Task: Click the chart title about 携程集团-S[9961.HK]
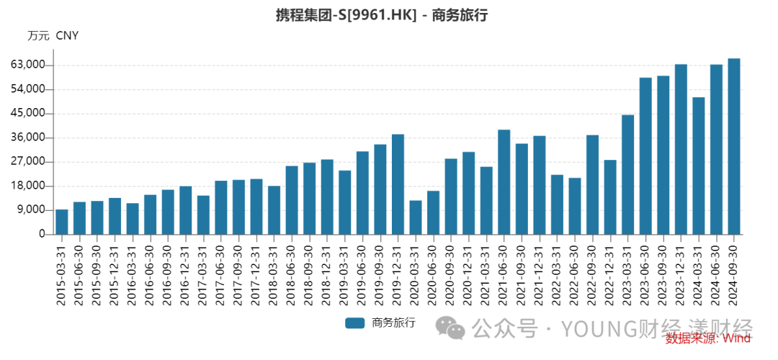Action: pos(382,15)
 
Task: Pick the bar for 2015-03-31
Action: pos(62,222)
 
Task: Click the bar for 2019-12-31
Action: pos(398,184)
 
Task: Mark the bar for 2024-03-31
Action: pos(699,166)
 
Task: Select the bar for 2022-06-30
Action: pos(575,206)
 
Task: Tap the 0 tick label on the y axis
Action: pos(42,235)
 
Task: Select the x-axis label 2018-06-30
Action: pos(292,273)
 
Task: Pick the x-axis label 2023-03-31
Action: pos(628,273)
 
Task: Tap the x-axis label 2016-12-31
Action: pos(186,273)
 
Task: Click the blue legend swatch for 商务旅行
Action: pos(355,323)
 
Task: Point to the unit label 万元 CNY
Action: pos(53,35)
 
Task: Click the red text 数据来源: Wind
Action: pos(709,338)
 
